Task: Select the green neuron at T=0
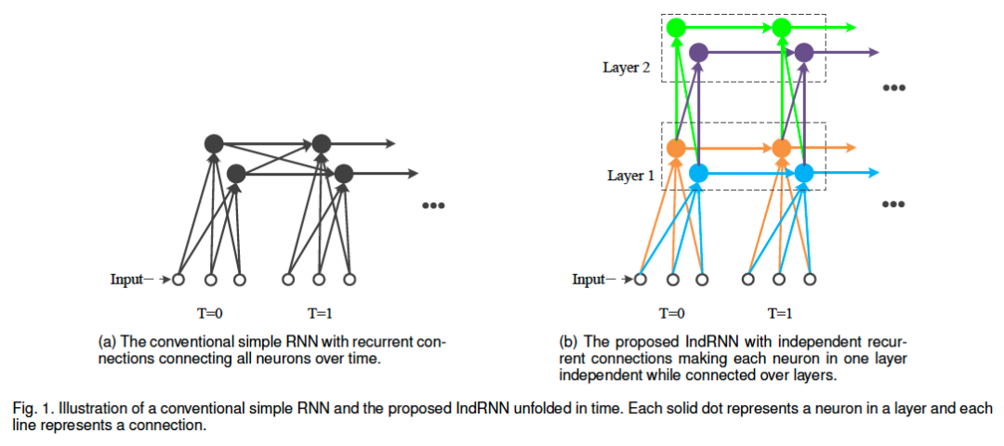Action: pos(676,28)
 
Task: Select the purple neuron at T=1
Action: pos(804,53)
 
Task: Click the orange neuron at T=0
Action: pos(676,148)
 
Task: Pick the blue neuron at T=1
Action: pos(804,172)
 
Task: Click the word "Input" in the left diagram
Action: pos(126,279)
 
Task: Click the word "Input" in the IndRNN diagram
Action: pos(588,279)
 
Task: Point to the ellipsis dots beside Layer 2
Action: pos(894,88)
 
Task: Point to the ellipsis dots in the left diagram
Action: pos(433,205)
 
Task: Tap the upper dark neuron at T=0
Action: pos(214,143)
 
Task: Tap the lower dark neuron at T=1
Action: pos(344,173)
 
